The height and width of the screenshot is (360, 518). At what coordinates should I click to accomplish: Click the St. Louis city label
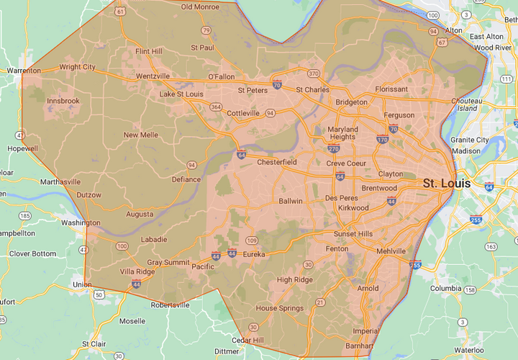click(446, 183)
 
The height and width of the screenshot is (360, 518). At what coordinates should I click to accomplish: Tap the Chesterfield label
click(277, 162)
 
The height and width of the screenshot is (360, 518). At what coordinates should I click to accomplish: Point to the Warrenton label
click(24, 71)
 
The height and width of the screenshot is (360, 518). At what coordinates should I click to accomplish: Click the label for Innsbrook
click(63, 101)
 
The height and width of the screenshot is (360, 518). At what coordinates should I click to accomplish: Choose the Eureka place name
click(254, 254)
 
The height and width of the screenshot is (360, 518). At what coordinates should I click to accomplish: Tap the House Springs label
click(276, 308)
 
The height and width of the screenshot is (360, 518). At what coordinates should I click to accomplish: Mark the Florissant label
click(391, 89)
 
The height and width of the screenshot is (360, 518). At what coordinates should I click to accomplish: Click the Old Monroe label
click(201, 6)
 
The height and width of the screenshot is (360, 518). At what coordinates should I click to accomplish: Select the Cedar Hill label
click(247, 340)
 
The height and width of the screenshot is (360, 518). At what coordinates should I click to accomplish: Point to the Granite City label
click(469, 140)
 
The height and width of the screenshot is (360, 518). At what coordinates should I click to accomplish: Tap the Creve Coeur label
click(346, 163)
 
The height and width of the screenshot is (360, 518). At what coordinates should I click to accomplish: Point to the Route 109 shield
click(252, 240)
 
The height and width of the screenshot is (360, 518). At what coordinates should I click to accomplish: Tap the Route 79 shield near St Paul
click(206, 30)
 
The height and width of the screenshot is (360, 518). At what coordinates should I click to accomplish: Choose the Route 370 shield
click(313, 73)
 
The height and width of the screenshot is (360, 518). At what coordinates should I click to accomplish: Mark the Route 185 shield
click(25, 215)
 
